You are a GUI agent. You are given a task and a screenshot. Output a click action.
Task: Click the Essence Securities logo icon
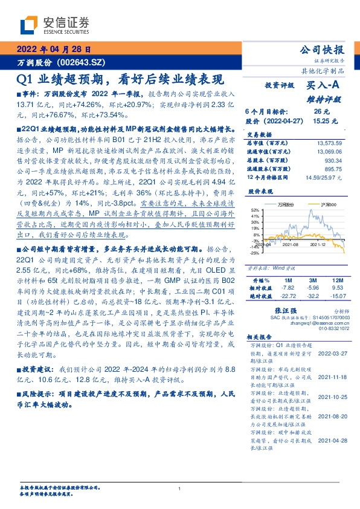click(x=30, y=25)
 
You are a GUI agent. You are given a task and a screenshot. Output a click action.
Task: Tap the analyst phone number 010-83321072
click(x=335, y=328)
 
